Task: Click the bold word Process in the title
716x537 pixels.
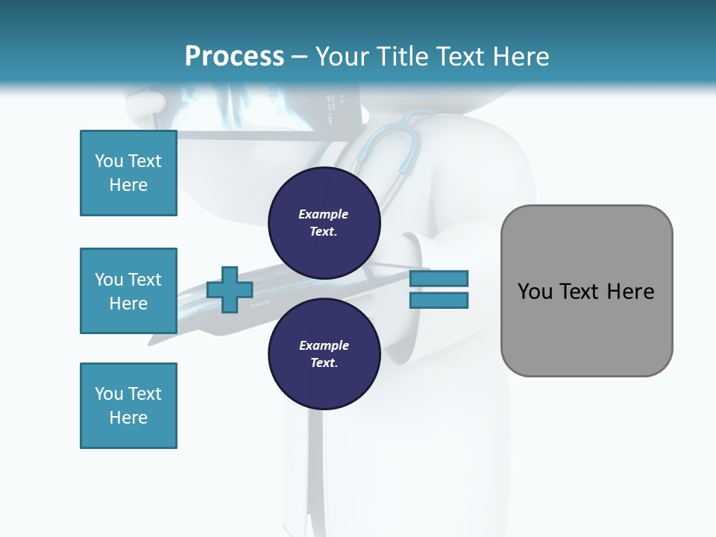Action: (234, 57)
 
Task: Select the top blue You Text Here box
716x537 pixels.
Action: (128, 173)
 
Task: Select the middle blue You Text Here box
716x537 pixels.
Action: (128, 291)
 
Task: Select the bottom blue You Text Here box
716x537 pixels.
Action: (128, 406)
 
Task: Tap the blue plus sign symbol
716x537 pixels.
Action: (230, 289)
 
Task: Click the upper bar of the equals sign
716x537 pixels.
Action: (439, 278)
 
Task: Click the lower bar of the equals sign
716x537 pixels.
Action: (439, 301)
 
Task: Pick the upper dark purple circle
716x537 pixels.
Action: (324, 222)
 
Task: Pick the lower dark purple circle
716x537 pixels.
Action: (324, 354)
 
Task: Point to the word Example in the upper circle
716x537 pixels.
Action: (323, 214)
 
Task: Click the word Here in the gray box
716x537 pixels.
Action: (631, 292)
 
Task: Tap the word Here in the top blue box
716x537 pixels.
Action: (128, 185)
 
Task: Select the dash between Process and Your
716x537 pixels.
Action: (299, 57)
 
